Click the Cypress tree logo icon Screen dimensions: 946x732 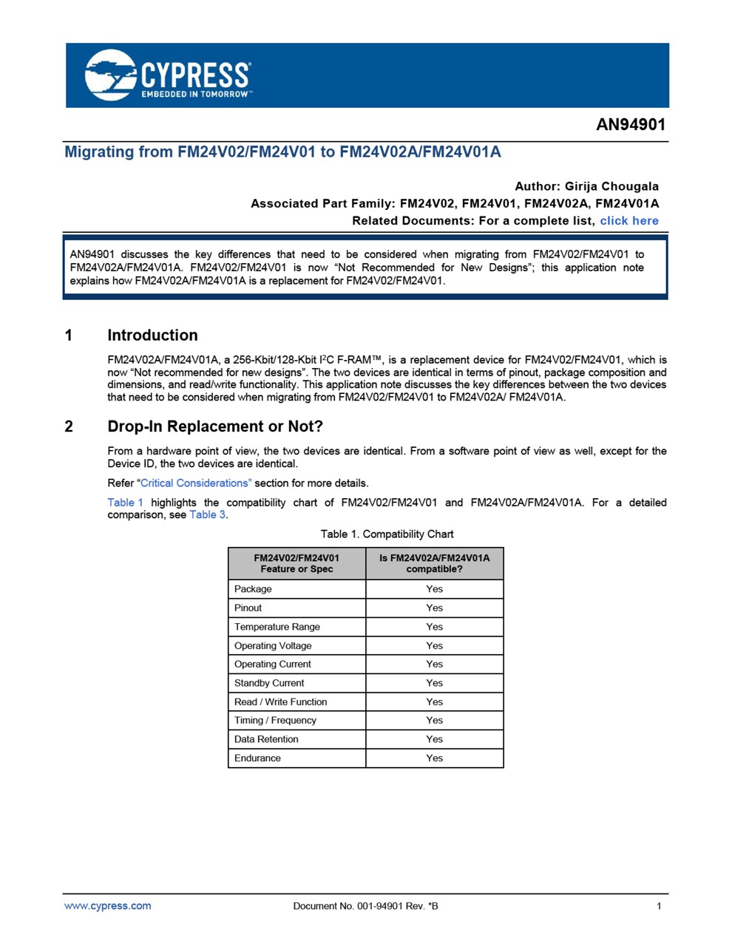(x=110, y=75)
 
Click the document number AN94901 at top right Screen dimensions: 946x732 (x=631, y=125)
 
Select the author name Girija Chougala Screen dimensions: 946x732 (x=611, y=186)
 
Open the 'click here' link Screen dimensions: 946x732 (x=628, y=221)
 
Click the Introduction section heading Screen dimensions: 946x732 (x=152, y=336)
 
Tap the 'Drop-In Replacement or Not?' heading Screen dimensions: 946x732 (x=215, y=426)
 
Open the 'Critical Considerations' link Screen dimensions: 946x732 (x=196, y=483)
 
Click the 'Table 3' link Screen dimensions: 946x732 (x=207, y=515)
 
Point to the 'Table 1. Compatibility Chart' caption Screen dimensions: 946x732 (x=387, y=534)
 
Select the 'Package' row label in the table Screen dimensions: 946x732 (x=253, y=589)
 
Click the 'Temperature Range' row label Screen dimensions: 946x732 (x=277, y=627)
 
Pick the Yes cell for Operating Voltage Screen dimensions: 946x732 (x=434, y=646)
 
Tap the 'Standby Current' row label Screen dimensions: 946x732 (x=269, y=683)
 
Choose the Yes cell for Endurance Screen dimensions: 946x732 (x=434, y=758)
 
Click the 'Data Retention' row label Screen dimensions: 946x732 (x=266, y=739)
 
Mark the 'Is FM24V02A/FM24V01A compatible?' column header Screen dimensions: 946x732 (x=434, y=564)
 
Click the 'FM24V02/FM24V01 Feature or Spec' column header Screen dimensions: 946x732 (x=296, y=564)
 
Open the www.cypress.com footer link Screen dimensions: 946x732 (x=107, y=906)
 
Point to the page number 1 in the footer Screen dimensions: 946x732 (x=659, y=906)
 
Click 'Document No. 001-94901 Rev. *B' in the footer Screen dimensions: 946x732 (x=365, y=906)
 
